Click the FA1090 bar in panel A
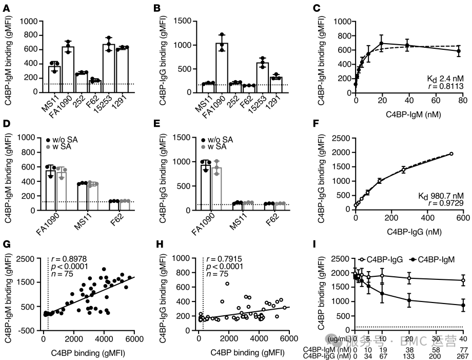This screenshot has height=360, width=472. [x=68, y=69]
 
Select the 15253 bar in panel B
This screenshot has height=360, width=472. [x=263, y=77]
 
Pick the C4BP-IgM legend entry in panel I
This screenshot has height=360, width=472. [x=440, y=260]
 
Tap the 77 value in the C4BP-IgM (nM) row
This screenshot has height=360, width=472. [x=462, y=349]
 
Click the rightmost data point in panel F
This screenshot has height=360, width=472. [x=451, y=154]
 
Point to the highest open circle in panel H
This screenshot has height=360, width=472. [x=227, y=283]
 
